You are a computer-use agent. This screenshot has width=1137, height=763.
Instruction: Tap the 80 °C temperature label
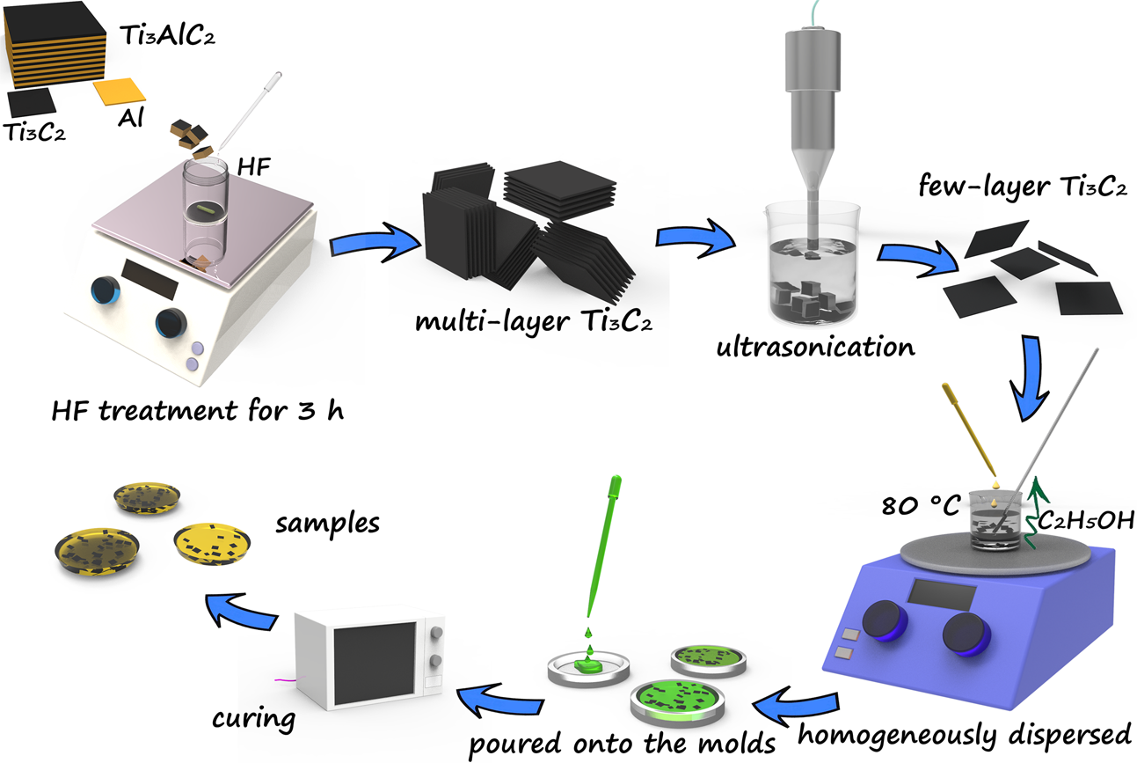click(x=919, y=508)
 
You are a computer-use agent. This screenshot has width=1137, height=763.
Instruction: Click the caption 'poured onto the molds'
click(x=622, y=743)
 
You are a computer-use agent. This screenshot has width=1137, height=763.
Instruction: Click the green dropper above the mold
click(x=599, y=547)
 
